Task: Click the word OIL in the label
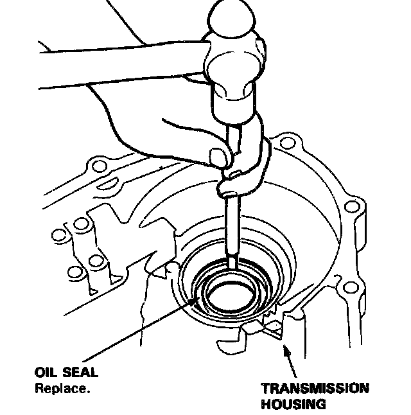click(x=45, y=373)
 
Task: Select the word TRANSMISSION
click(x=315, y=389)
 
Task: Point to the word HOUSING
click(x=293, y=404)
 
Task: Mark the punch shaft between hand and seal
click(x=232, y=225)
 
